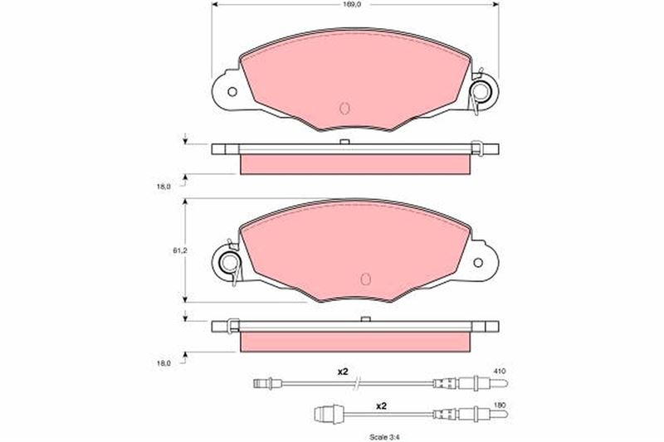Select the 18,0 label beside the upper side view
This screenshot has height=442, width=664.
click(x=164, y=186)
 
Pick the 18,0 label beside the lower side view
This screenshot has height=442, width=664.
click(x=164, y=363)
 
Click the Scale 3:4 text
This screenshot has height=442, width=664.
click(x=384, y=437)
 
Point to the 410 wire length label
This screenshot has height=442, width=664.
click(x=500, y=371)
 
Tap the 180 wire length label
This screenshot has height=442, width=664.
click(x=500, y=406)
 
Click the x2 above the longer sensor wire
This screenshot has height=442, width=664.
click(x=342, y=372)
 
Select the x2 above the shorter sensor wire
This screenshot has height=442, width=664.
click(x=382, y=406)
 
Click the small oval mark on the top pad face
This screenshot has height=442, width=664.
click(x=344, y=109)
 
